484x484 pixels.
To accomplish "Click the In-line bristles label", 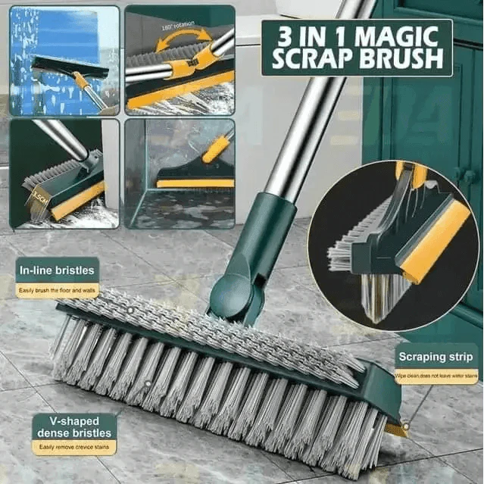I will [x=57, y=270].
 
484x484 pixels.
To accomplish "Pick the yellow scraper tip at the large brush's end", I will [x=395, y=430].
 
